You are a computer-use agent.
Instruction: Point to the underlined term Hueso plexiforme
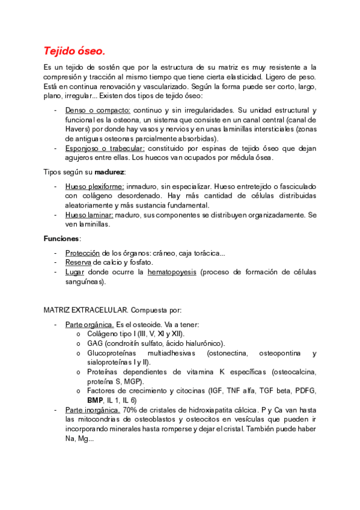(94, 186)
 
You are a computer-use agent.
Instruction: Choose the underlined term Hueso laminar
(90, 215)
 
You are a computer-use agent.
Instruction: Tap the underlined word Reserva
(78, 262)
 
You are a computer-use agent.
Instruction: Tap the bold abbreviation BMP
(95, 400)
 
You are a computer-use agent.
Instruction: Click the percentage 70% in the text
(130, 410)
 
